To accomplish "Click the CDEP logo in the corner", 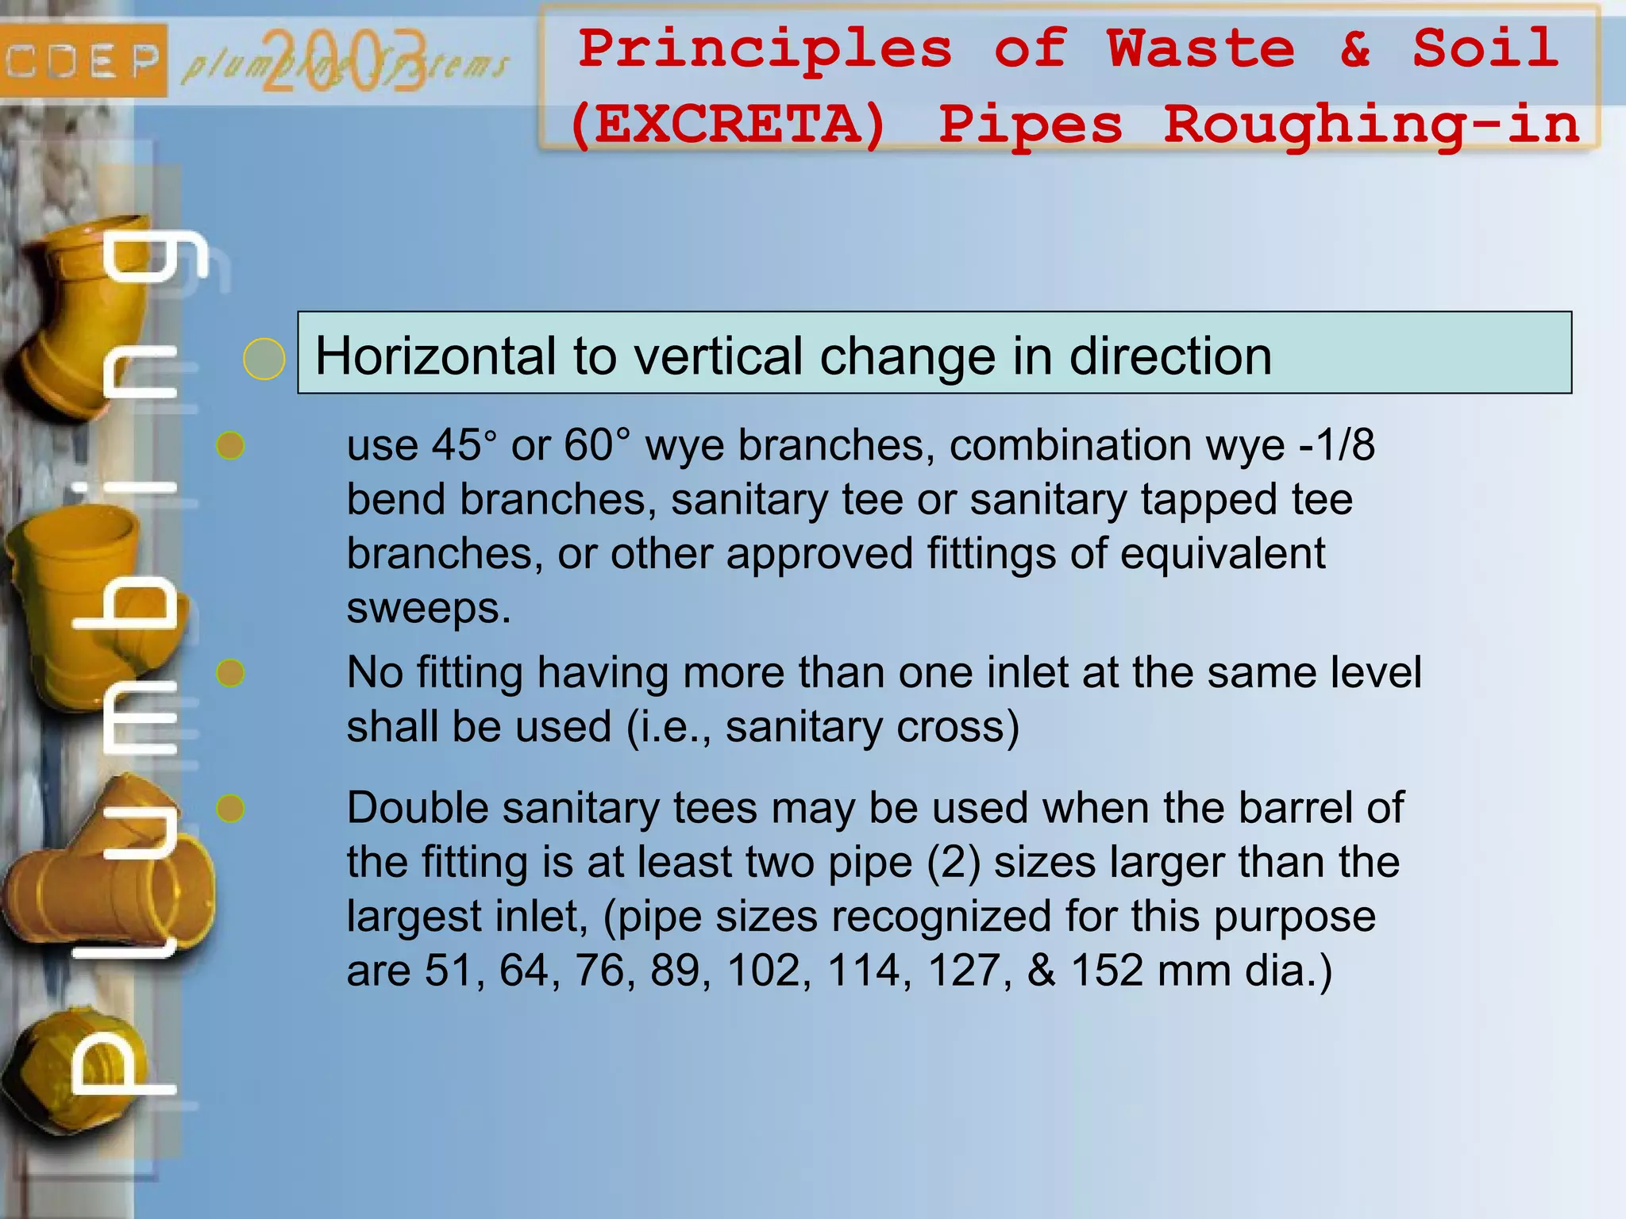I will (83, 60).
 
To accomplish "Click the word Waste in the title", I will (1200, 49).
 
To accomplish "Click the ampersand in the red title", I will (1354, 49).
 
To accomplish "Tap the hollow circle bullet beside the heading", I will (264, 359).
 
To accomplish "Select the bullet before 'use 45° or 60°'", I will (230, 446).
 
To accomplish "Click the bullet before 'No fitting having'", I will (230, 673).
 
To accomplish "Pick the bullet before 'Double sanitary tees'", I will (230, 809).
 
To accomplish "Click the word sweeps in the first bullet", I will (429, 609).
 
